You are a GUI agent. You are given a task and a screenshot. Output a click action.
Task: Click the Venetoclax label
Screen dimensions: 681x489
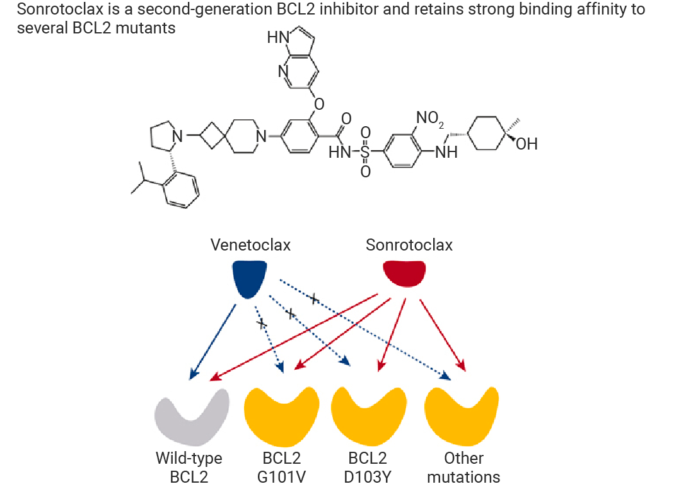tap(250, 245)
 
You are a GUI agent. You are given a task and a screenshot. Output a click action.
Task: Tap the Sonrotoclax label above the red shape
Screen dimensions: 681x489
tap(409, 245)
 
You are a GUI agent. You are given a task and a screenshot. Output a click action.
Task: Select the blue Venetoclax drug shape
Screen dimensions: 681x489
tap(249, 279)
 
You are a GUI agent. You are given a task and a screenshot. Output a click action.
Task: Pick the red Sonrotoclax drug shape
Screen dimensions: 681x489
tap(404, 273)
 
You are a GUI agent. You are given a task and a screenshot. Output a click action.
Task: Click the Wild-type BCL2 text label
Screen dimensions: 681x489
tap(189, 468)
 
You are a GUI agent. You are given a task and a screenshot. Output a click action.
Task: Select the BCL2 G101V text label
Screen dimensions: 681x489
tap(281, 468)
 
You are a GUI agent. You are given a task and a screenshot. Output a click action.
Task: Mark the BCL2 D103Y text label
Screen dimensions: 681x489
tap(368, 468)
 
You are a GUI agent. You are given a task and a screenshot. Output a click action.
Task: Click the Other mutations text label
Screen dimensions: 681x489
tap(463, 468)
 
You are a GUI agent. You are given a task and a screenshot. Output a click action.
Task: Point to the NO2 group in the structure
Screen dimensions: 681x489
tap(430, 118)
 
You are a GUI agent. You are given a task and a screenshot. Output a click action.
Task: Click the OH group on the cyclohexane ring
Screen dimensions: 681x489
tap(527, 144)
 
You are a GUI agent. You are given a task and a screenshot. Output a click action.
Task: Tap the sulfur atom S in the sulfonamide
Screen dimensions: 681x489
tap(365, 151)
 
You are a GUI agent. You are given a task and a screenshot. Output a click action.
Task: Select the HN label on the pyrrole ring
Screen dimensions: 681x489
tap(278, 37)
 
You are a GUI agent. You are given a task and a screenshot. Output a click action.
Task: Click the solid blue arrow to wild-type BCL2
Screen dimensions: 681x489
tap(213, 342)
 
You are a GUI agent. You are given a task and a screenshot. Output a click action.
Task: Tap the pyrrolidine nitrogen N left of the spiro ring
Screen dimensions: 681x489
tap(177, 136)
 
